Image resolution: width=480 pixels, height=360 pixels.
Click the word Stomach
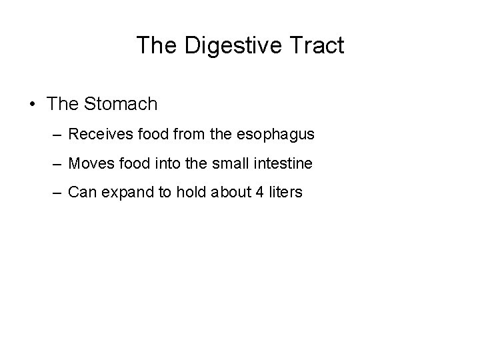121,104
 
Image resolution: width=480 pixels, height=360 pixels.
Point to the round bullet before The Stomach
32,105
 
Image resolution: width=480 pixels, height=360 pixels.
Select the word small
238,163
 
